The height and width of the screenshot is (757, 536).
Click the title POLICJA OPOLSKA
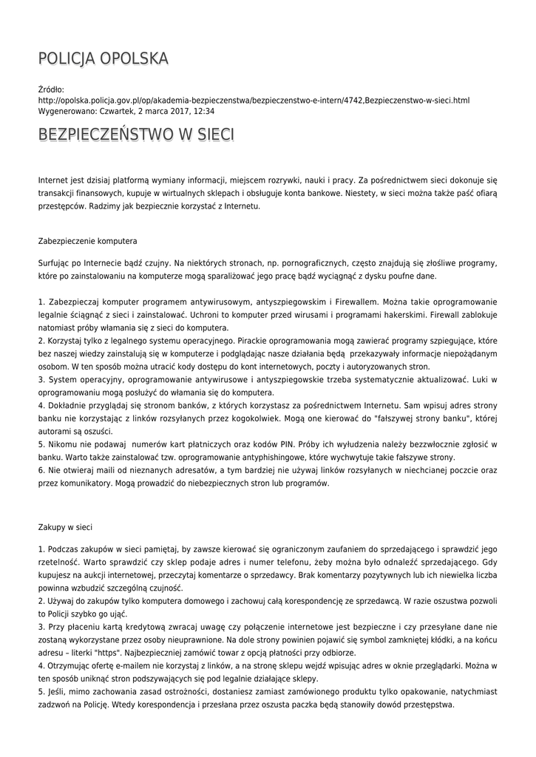[104, 58]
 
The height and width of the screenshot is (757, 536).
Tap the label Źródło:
[51, 89]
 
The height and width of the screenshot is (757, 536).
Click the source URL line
[254, 100]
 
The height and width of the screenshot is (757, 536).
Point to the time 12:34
[203, 111]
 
